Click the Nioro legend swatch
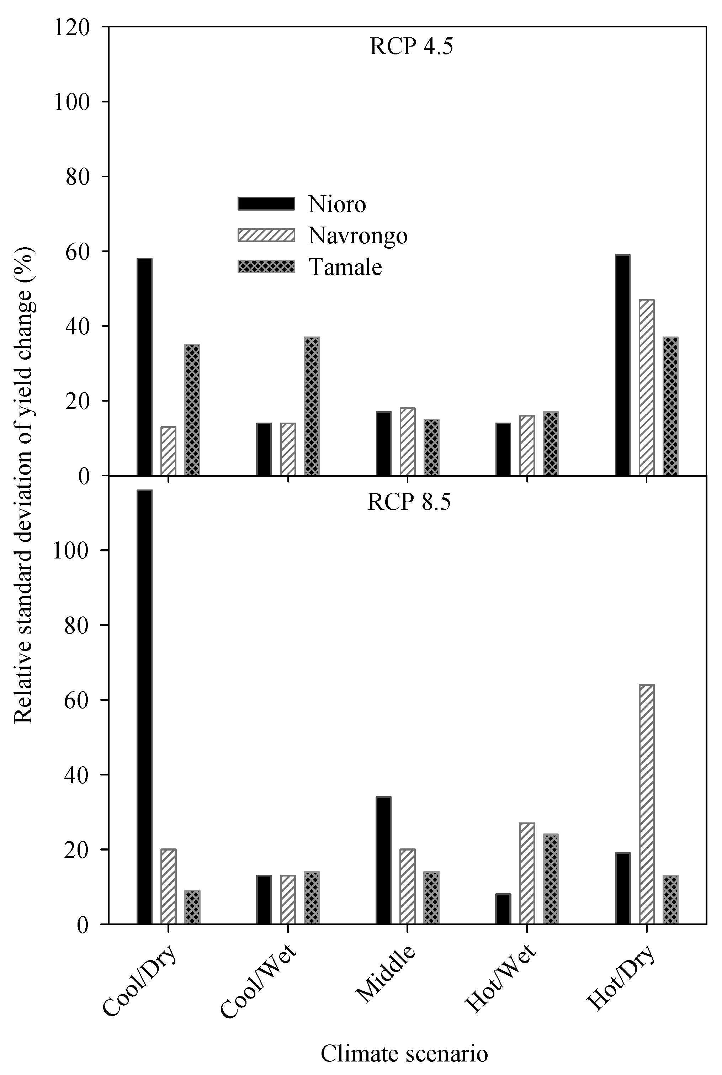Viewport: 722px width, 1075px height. click(x=266, y=203)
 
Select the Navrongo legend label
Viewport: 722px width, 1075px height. click(x=358, y=236)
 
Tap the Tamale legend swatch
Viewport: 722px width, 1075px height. click(x=266, y=267)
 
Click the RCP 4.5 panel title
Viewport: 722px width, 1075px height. click(x=411, y=47)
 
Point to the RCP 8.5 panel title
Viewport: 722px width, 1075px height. click(x=409, y=502)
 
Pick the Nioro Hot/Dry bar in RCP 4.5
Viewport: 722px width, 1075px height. click(x=622, y=365)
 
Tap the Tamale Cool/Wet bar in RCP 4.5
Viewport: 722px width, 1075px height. click(x=312, y=406)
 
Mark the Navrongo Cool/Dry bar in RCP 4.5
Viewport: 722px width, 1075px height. click(x=168, y=451)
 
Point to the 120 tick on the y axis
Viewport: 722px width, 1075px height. click(x=71, y=27)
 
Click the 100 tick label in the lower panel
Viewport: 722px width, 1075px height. click(x=70, y=551)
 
